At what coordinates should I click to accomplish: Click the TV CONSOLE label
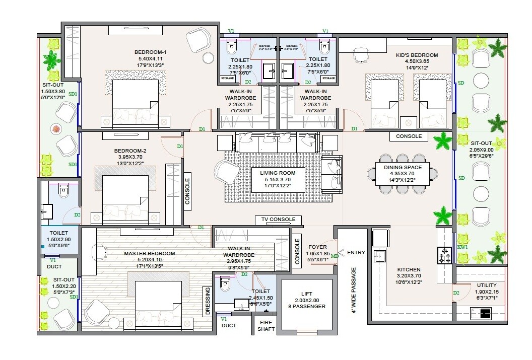(278, 220)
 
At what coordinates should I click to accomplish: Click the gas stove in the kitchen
(446, 256)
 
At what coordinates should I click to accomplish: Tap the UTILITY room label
(486, 285)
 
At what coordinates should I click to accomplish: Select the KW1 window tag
(462, 247)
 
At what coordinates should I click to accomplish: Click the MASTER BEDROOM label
(150, 253)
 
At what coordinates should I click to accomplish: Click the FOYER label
(318, 247)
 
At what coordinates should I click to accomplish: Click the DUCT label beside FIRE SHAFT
(229, 325)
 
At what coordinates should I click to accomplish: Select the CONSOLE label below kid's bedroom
(409, 136)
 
